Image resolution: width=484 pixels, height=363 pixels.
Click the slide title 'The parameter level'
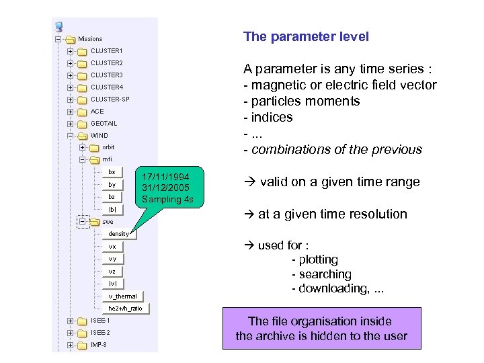tap(306, 37)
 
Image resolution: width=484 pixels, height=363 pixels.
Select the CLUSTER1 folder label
tap(107, 51)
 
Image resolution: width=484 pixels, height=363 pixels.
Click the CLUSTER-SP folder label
tap(110, 99)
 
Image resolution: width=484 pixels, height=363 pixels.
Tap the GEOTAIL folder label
tap(104, 124)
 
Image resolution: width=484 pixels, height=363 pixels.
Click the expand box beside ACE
tap(70, 112)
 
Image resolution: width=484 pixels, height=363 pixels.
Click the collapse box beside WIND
tap(70, 136)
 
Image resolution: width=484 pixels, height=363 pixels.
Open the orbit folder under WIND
tap(108, 148)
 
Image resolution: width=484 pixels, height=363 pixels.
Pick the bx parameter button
tap(112, 172)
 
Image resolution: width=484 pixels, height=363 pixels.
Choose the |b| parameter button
tap(112, 210)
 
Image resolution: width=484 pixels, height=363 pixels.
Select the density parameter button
tap(119, 234)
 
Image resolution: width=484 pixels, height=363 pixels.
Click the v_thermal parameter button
tap(122, 296)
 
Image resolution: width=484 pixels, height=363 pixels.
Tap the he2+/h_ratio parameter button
tap(125, 308)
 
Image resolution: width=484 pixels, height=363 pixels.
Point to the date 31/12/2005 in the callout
tap(161, 188)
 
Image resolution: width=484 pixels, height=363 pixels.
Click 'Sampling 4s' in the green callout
tap(162, 199)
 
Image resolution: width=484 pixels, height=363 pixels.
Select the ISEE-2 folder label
tap(100, 333)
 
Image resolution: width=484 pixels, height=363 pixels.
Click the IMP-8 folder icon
tap(82, 346)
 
